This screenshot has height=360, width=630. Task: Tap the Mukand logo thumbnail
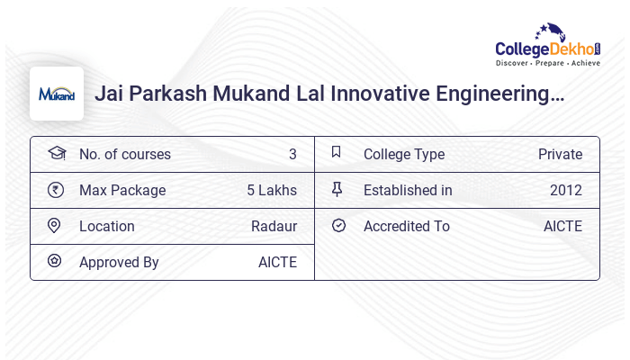click(x=57, y=94)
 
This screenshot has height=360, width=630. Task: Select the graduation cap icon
click(x=56, y=153)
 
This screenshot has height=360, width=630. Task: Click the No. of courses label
click(x=125, y=154)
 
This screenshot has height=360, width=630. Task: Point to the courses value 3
click(x=292, y=154)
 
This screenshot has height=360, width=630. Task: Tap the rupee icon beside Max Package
click(x=56, y=190)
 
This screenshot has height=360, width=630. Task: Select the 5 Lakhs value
click(x=272, y=190)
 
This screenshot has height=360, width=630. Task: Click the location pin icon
click(x=55, y=226)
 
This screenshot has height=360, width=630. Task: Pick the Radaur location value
click(x=274, y=226)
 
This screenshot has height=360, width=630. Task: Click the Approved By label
click(x=119, y=262)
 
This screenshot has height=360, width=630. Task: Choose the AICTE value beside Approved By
click(x=277, y=262)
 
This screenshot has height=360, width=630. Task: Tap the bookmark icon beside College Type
click(x=337, y=153)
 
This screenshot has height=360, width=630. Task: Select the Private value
click(x=560, y=154)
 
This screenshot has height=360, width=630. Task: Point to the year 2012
click(x=566, y=190)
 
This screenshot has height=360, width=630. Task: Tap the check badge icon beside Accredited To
click(x=338, y=226)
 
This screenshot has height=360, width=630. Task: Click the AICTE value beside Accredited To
click(x=562, y=226)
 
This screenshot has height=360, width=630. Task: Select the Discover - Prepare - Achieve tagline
click(x=548, y=64)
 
